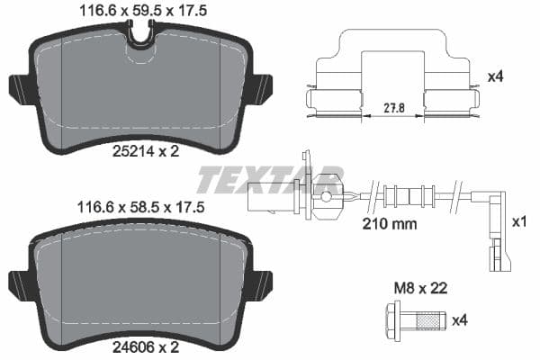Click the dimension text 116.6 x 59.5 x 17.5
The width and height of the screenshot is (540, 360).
point(139,13)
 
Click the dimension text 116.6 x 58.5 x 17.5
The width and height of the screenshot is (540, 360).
point(139,207)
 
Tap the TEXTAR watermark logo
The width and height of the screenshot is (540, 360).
point(270,179)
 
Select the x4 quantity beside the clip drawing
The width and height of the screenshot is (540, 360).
point(494,76)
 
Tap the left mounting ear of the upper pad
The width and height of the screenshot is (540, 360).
point(21,88)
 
